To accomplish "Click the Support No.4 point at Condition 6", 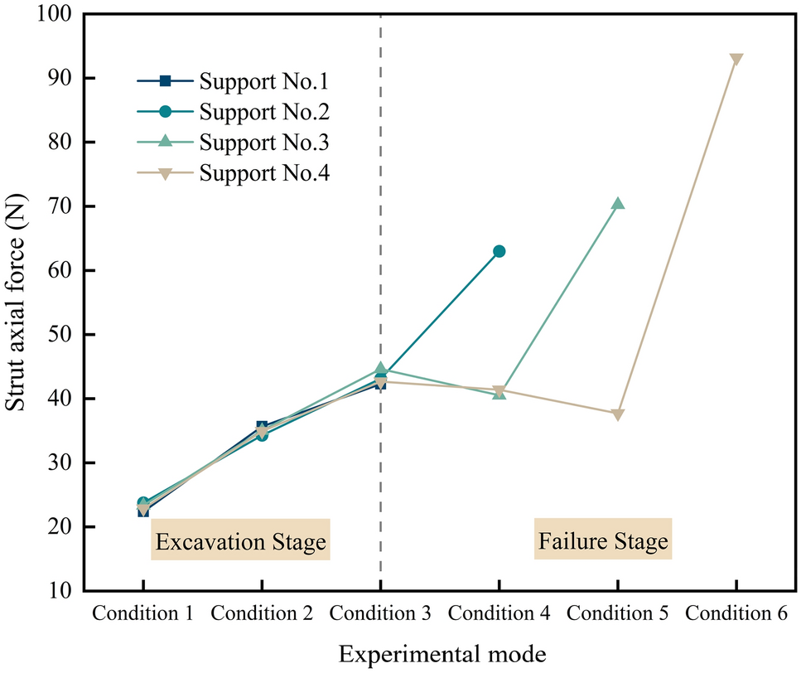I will point(736,60).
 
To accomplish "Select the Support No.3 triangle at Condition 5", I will point(617,204).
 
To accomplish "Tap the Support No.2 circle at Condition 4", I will point(499,251).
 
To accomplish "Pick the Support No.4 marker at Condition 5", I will point(617,414).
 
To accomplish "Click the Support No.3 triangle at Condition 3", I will point(380,368).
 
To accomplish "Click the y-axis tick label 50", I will point(58,335).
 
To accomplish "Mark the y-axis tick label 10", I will point(58,591).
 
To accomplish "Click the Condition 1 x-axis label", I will point(143,614).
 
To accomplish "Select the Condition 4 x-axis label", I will point(499,614).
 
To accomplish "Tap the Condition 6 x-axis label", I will point(736,614).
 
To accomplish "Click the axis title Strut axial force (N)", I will point(17,303).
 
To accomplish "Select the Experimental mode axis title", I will point(440,653).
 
